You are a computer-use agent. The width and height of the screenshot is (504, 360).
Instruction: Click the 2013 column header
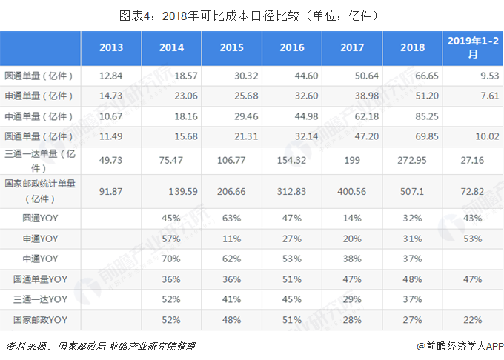(x=111, y=47)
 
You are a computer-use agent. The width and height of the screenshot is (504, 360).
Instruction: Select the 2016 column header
(x=292, y=47)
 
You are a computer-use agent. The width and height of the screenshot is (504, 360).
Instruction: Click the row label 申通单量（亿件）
(x=42, y=96)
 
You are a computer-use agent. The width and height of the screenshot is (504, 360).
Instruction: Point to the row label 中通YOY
(x=41, y=259)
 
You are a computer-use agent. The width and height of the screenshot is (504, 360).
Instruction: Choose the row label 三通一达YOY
(x=41, y=299)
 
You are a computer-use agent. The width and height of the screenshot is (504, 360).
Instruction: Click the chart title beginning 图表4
(x=252, y=14)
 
